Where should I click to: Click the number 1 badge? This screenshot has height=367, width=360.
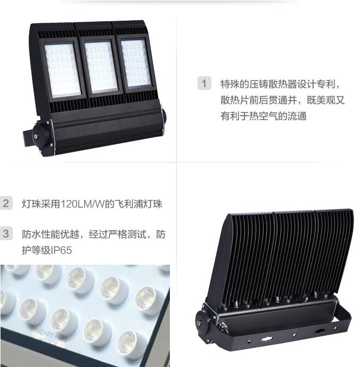point(204,83)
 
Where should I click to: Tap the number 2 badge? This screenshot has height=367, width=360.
point(6,203)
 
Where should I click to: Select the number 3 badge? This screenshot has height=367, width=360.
point(6,233)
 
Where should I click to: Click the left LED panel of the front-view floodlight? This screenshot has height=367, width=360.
point(62,70)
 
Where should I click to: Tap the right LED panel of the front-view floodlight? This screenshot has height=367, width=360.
point(136,63)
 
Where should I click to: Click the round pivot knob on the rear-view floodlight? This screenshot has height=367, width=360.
point(203,323)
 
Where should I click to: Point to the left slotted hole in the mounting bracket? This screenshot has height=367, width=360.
point(267,339)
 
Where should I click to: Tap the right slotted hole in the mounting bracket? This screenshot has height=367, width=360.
point(320,331)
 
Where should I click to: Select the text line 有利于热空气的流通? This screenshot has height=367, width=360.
point(263,116)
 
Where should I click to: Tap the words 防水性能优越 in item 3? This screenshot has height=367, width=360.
point(51,234)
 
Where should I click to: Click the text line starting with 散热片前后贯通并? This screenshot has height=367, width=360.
point(283,100)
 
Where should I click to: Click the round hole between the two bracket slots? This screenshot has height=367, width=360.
point(294,335)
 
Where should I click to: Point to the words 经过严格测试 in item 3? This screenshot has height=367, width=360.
point(118,234)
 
